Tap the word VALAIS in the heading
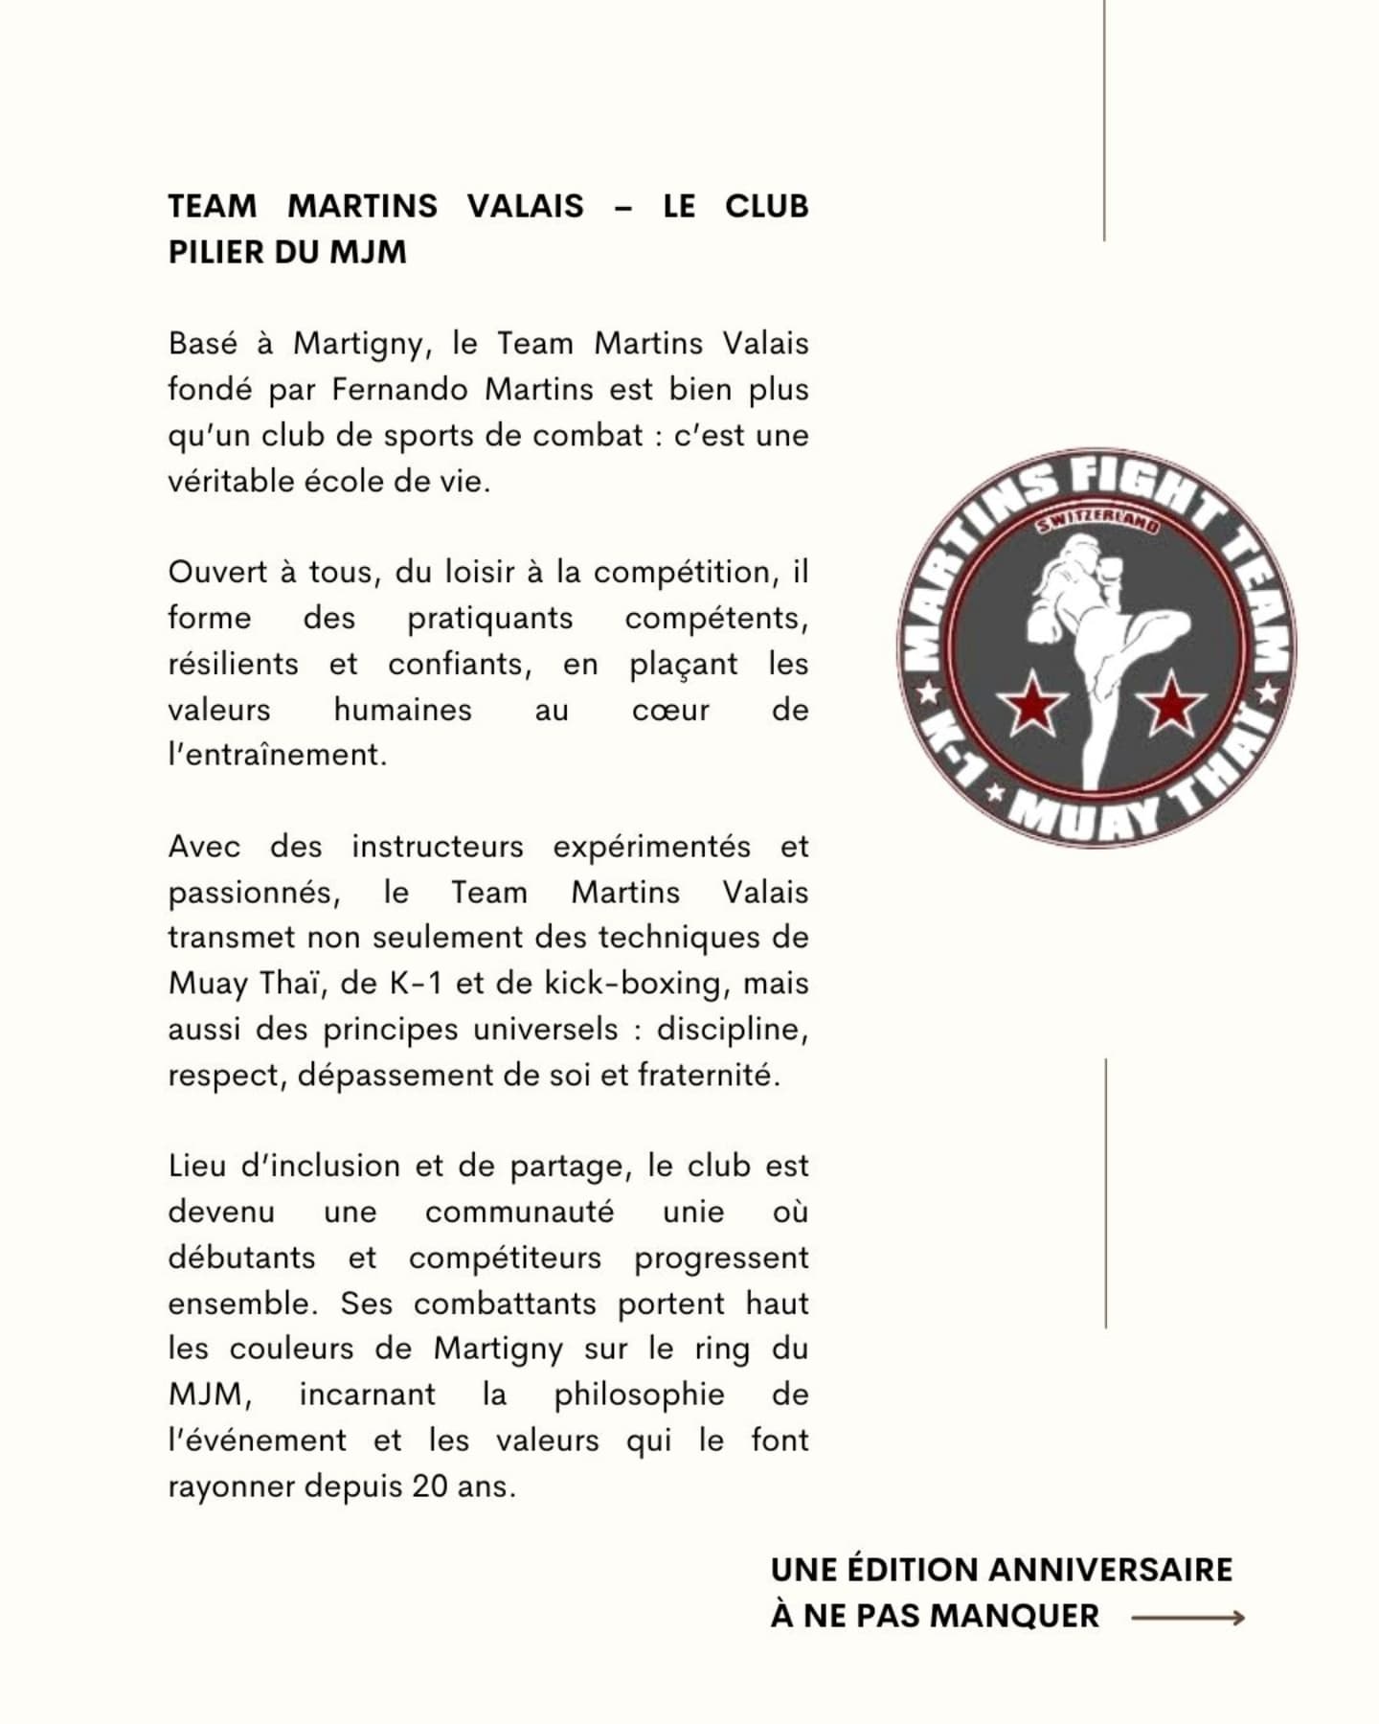tap(525, 206)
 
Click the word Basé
tap(202, 344)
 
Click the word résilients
tap(233, 664)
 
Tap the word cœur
tap(670, 710)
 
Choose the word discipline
tap(732, 1030)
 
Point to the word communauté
tap(519, 1212)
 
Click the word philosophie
tap(639, 1395)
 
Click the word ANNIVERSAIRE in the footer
tap(1109, 1570)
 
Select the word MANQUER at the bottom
tap(1015, 1616)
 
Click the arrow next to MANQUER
tap(1187, 1618)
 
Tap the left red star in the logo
tap(1030, 704)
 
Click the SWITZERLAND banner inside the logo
tap(1097, 522)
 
